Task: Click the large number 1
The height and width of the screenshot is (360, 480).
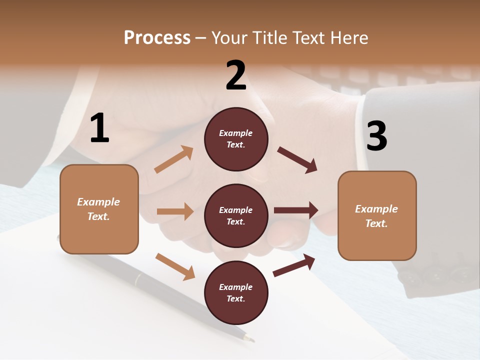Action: click(x=99, y=128)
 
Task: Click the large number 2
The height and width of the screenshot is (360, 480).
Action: click(x=236, y=75)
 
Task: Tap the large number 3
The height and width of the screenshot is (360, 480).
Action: click(x=376, y=136)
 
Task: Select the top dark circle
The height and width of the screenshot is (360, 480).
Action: click(x=236, y=139)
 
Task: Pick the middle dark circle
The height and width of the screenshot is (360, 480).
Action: click(x=236, y=216)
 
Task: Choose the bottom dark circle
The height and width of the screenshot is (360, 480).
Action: click(x=236, y=293)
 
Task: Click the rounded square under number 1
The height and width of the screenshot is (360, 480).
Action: click(x=99, y=209)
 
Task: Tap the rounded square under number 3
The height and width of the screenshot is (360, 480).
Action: click(x=377, y=216)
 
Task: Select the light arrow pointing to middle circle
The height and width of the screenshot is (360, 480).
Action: click(x=175, y=211)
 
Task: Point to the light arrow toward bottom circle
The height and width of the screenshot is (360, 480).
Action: click(x=175, y=266)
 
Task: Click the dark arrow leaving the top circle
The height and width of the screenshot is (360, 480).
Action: click(x=297, y=160)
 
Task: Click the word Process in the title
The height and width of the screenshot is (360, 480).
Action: click(x=157, y=37)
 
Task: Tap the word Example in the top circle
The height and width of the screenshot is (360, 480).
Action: click(x=236, y=133)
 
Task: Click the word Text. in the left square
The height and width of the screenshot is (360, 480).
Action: click(x=98, y=216)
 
